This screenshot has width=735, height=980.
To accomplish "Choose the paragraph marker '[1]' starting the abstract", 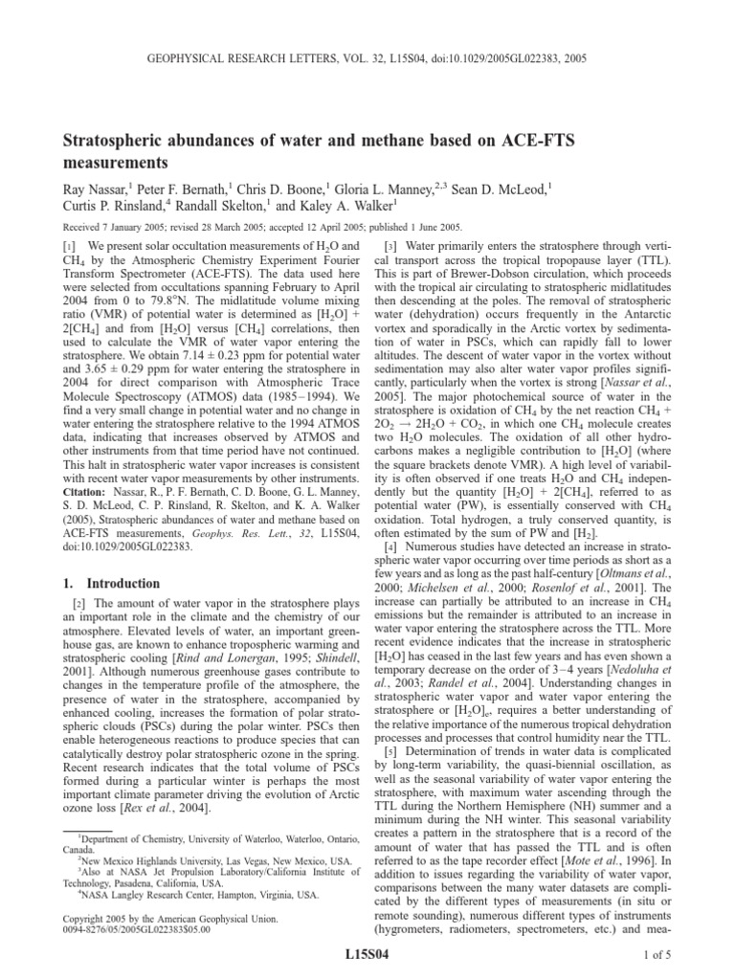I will click(72, 247).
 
